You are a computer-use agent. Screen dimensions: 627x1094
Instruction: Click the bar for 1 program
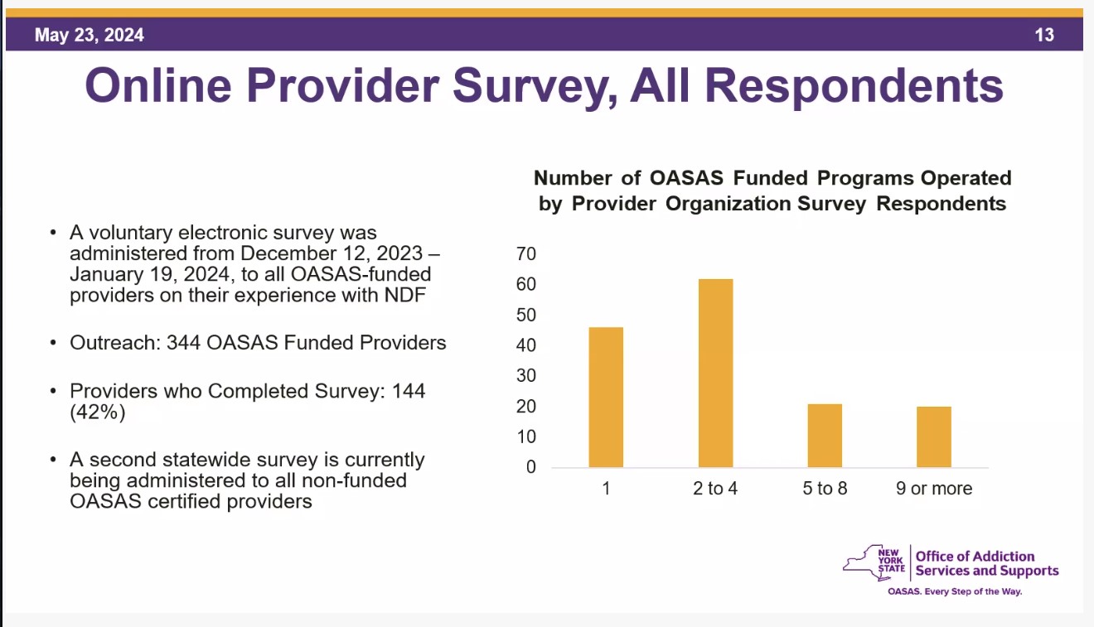(x=606, y=397)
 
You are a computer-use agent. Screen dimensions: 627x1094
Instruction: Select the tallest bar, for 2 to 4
(x=715, y=373)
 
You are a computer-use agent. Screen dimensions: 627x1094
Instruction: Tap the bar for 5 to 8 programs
(x=825, y=435)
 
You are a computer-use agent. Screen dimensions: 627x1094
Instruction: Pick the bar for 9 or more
(x=934, y=436)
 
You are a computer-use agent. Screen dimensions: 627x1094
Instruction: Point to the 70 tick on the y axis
(x=526, y=253)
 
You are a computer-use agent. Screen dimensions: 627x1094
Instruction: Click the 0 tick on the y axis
(x=531, y=467)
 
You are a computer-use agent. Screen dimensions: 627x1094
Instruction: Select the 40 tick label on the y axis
(x=526, y=345)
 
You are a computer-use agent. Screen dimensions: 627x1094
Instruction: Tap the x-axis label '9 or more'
(x=934, y=489)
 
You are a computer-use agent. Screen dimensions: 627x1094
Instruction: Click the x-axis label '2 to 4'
(x=715, y=489)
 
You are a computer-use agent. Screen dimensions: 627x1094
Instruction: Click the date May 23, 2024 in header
(x=90, y=36)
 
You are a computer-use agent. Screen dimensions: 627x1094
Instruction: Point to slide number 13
(x=1044, y=36)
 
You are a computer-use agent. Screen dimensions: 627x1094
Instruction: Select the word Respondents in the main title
(x=817, y=86)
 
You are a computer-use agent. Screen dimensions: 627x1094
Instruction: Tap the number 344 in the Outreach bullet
(x=182, y=342)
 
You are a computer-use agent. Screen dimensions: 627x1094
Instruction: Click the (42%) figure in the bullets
(x=98, y=412)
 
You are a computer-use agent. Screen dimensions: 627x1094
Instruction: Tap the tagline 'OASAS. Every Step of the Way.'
(x=955, y=592)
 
